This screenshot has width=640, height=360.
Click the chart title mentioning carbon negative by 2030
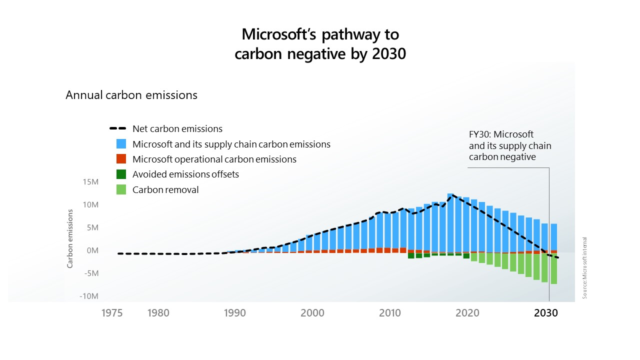click(x=320, y=44)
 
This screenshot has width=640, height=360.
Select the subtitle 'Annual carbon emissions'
click(x=131, y=95)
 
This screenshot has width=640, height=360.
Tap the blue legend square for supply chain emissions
click(x=121, y=144)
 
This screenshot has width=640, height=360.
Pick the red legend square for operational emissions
click(x=121, y=159)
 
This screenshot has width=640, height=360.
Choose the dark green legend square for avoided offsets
click(x=121, y=174)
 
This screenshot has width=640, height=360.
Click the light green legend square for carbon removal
click(x=121, y=189)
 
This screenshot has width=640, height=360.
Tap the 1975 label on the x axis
click(x=112, y=313)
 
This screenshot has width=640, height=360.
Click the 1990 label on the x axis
click(x=234, y=313)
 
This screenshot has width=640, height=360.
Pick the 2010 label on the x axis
click(x=390, y=313)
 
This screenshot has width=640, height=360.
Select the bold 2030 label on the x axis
click(x=546, y=313)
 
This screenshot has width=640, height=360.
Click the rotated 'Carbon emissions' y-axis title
click(x=70, y=238)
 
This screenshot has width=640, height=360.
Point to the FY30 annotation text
click(x=509, y=145)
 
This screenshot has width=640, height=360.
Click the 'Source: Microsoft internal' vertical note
click(x=584, y=267)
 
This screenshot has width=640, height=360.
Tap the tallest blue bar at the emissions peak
click(x=450, y=222)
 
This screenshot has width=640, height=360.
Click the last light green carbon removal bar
click(x=554, y=268)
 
